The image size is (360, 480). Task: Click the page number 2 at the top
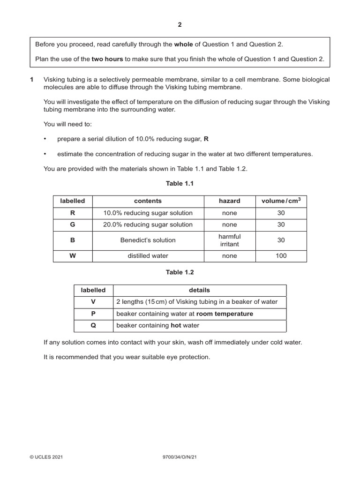pos(180,25)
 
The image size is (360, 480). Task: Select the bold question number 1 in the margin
pos(32,80)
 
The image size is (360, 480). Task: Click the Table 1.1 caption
pos(180,184)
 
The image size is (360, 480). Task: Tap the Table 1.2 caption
pos(180,272)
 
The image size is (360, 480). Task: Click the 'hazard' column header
pos(229,201)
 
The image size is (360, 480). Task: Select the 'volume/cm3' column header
pos(281,201)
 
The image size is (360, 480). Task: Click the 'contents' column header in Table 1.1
pos(148,201)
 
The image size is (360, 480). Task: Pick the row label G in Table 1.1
pos(72,225)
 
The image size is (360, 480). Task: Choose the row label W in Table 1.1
pos(72,256)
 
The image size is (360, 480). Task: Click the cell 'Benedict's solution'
pos(148,240)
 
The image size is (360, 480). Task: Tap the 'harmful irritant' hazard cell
pos(229,240)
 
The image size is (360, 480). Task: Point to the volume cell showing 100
pos(281,256)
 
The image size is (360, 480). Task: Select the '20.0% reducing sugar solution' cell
pos(148,225)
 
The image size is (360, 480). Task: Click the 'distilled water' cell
pos(148,256)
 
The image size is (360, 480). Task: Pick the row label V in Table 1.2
pos(93,302)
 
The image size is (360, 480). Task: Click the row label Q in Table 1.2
pos(93,325)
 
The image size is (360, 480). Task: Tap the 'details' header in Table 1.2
pos(199,290)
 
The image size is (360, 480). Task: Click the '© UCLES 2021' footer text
pos(46,457)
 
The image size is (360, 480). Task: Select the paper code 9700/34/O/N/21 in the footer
pos(180,457)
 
